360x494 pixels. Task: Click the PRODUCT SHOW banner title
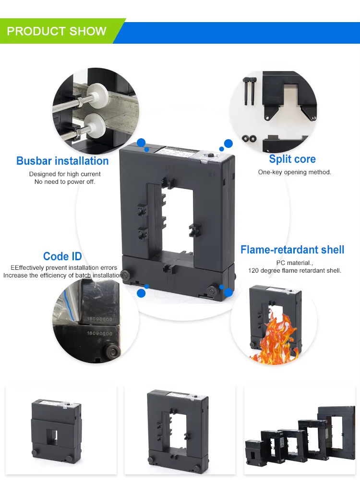point(57,32)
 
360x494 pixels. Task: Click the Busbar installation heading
point(62,161)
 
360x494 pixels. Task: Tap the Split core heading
point(292,159)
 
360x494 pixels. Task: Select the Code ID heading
point(62,256)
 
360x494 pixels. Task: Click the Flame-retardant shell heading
point(292,250)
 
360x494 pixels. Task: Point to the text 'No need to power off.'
point(65,182)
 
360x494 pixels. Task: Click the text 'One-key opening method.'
point(294,172)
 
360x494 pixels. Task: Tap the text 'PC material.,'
point(294,263)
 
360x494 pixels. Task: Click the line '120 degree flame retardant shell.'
point(294,270)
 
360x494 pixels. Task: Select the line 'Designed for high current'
point(65,174)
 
